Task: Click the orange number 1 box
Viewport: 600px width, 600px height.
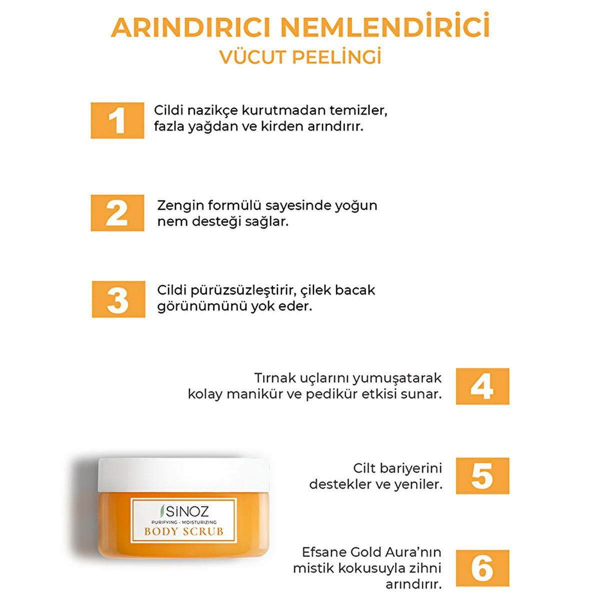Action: click(117, 120)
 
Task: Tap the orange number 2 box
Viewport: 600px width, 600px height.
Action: click(117, 213)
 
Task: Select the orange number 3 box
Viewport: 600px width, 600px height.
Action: click(118, 299)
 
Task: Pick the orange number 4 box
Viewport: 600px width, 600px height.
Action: click(482, 386)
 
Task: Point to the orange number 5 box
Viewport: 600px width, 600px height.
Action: click(482, 476)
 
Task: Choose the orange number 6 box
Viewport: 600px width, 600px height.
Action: click(482, 568)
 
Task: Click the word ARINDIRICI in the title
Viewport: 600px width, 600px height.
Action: click(190, 28)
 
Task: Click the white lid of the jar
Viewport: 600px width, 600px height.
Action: click(183, 474)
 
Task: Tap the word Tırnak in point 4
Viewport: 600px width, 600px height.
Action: click(275, 378)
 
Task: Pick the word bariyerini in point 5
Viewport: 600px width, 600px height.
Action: click(412, 468)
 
